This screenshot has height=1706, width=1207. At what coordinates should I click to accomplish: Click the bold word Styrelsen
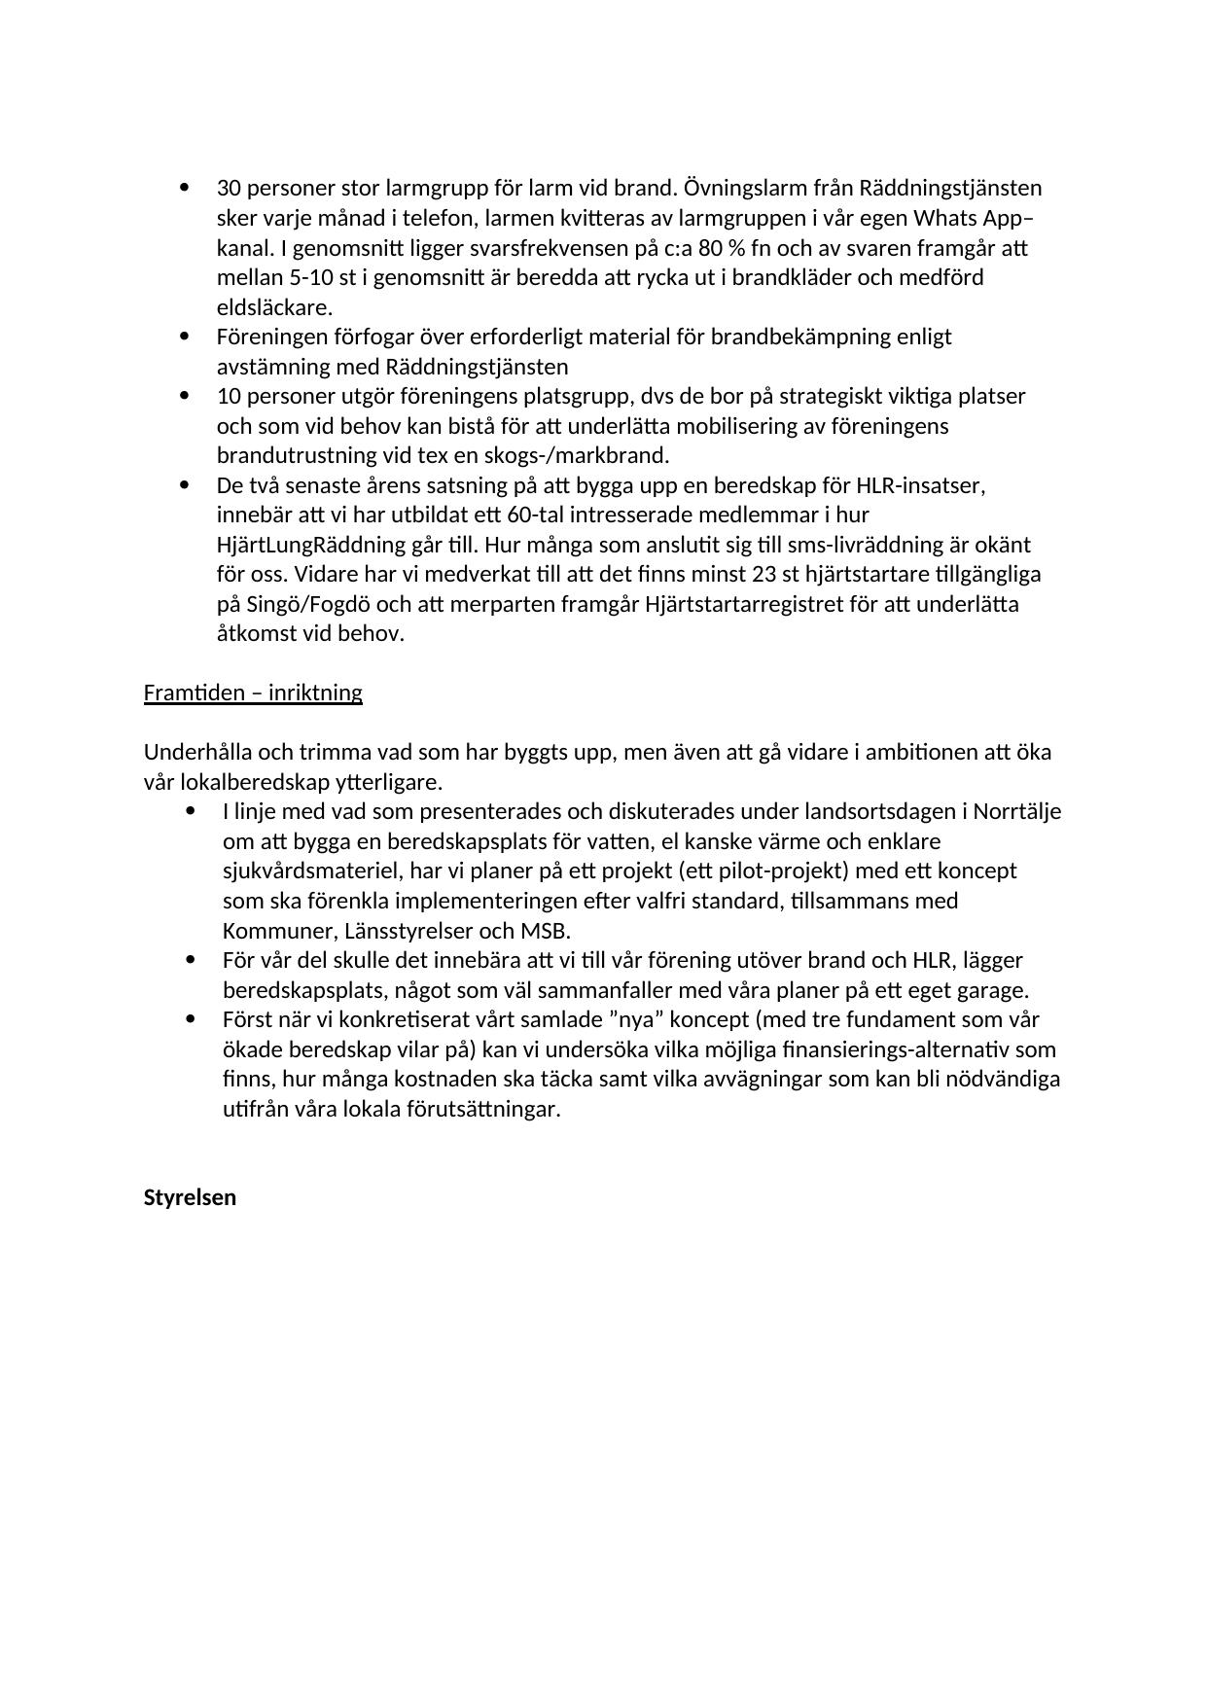[x=190, y=1197]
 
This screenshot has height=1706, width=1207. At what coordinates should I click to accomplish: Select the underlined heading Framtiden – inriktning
[x=253, y=693]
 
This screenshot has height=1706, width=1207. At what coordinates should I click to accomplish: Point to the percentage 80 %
[x=721, y=248]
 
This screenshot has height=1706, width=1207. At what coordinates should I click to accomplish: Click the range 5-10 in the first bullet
[x=312, y=277]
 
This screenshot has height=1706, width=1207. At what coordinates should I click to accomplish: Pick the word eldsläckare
[x=274, y=307]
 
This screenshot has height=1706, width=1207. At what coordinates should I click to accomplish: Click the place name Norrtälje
[x=1016, y=811]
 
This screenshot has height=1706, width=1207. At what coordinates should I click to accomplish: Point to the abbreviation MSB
[x=548, y=931]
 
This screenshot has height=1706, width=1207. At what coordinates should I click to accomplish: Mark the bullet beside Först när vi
[x=190, y=1019]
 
